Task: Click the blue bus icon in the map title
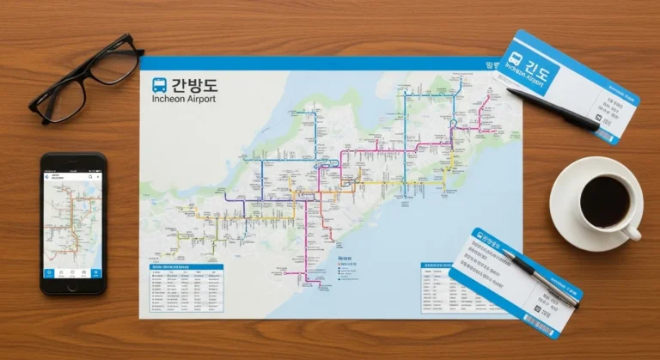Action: [x=160, y=85]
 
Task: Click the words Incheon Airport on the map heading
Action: [x=182, y=99]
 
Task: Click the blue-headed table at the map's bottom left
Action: [x=186, y=288]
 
